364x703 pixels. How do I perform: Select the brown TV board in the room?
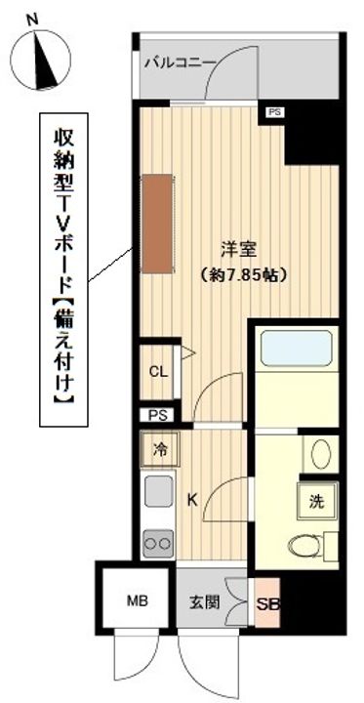157,224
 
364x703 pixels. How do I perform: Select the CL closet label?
159,372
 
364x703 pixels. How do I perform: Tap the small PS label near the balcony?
274,113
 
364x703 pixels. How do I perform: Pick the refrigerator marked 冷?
160,450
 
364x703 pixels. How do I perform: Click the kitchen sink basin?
158,492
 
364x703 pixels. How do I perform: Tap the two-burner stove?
158,543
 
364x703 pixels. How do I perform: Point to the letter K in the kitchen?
192,500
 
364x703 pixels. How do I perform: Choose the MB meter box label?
137,601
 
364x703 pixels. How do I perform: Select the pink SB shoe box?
267,602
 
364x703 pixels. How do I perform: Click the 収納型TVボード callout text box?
64,269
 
